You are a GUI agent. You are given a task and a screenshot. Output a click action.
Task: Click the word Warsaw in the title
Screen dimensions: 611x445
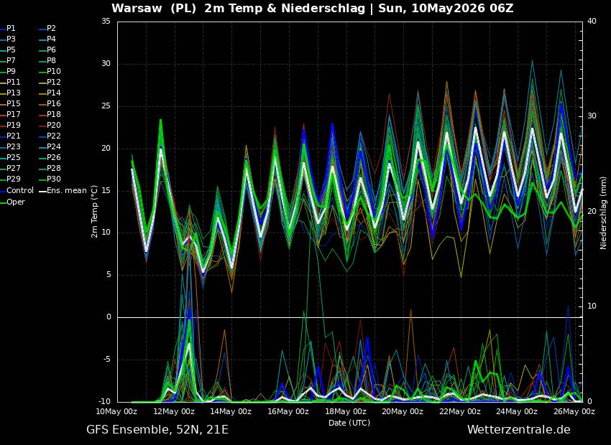[x=137, y=8]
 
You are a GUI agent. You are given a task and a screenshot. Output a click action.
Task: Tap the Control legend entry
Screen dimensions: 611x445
[x=17, y=191]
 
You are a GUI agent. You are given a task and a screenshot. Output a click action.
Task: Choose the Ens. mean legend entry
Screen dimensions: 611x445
[x=65, y=191]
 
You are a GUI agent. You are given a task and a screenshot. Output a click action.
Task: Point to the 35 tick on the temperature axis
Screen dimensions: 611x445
[x=106, y=22]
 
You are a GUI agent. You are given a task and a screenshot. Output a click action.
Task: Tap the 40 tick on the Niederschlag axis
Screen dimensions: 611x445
[x=592, y=22]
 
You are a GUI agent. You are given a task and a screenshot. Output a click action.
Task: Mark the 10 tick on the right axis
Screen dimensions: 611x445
[x=592, y=306]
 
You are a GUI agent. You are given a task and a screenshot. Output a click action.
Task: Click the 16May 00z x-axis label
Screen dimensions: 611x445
[x=288, y=411]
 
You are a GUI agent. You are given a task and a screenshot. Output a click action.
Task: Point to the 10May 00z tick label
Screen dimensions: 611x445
[x=117, y=411]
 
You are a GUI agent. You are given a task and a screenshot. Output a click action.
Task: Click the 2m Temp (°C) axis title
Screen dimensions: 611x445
[x=95, y=212]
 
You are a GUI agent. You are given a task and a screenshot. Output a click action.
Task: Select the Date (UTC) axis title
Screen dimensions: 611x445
[x=349, y=423]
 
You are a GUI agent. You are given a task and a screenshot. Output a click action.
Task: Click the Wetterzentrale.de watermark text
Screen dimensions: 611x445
[x=519, y=429]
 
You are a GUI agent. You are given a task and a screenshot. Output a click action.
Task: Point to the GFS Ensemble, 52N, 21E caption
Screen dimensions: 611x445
[x=157, y=430]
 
